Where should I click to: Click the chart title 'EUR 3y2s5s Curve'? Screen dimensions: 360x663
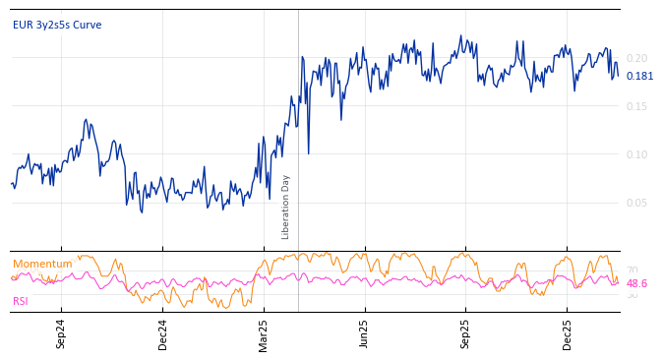pos(57,25)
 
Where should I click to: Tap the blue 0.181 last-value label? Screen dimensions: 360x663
pos(639,76)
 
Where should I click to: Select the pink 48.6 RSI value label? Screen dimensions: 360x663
pos(636,283)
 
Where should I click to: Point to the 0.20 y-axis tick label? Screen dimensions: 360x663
pos(637,58)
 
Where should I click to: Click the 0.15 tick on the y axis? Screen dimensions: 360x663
pos(637,106)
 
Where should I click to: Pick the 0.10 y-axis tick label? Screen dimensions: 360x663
pos(637,154)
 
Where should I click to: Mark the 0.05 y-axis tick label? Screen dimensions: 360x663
pos(637,203)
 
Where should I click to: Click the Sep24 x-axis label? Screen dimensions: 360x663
pos(61,333)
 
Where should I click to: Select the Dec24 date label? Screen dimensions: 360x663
pos(163,333)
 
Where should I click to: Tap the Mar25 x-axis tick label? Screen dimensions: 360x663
pos(264,333)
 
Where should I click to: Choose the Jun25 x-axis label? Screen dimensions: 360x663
pos(365,333)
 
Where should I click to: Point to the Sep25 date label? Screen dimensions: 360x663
pos(466,333)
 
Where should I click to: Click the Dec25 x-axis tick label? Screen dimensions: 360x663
pos(568,333)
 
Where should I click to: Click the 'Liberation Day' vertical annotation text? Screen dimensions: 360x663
pos(286,207)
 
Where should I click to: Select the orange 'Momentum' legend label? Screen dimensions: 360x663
pos(42,264)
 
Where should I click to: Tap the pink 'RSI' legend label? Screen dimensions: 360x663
pos(21,301)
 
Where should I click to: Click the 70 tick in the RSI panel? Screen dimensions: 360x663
pos(632,270)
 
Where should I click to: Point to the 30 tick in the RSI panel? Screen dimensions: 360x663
pos(632,295)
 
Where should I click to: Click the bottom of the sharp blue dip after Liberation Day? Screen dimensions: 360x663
pos(308,153)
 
